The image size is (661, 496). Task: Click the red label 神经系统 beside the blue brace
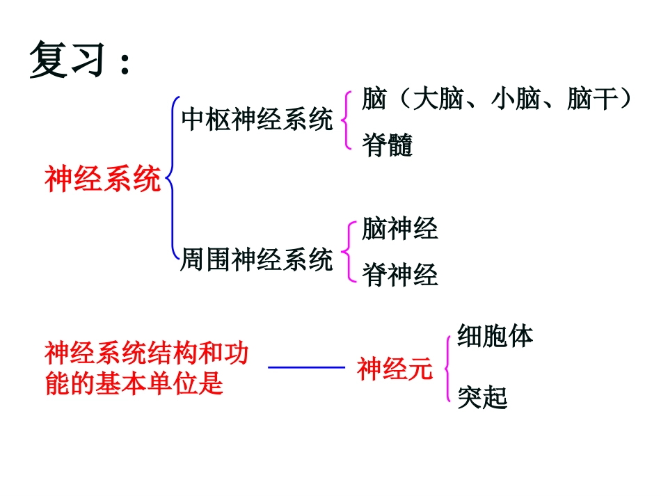pos(103,179)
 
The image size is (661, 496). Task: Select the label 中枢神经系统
pos(257,120)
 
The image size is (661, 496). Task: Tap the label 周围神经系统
pos(257,260)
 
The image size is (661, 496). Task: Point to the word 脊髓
pos(388,145)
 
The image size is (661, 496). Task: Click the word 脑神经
pos(400,229)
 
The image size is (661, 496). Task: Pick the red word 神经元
pos(395,369)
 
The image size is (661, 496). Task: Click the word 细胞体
pos(495,336)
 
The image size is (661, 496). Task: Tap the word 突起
pos(483,397)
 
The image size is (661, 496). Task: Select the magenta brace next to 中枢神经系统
pos(347,120)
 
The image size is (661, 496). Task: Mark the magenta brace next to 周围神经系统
pos(347,252)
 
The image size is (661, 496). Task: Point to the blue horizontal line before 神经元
pos(306,367)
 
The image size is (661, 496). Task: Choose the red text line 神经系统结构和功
pos(146,353)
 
